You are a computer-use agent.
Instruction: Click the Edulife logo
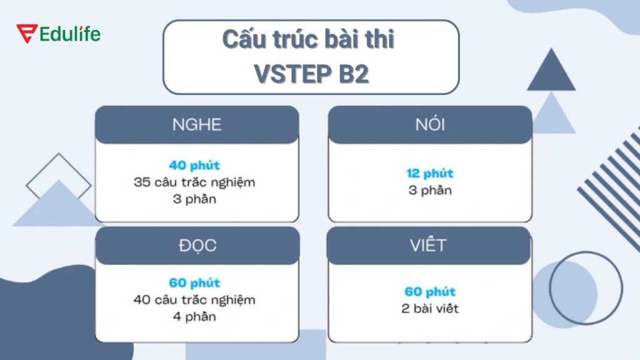[59, 34]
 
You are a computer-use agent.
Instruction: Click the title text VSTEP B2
[311, 74]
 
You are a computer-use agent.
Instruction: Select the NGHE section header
[197, 124]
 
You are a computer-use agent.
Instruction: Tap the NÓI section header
[430, 124]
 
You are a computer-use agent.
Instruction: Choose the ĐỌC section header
[197, 245]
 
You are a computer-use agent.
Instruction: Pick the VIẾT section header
[429, 244]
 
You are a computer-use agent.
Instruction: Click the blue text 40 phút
[194, 166]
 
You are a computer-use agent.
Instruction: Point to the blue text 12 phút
[430, 173]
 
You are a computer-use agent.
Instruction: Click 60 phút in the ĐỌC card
[194, 283]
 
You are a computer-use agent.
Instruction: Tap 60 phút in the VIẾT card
[430, 292]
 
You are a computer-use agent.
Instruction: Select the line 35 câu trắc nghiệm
[194, 182]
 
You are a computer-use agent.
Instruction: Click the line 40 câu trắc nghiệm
[194, 300]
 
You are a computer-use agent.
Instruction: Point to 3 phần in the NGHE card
[194, 199]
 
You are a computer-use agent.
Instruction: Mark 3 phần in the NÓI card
[430, 190]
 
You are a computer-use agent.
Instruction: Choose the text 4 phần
[194, 316]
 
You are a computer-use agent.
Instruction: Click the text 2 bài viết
[430, 309]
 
